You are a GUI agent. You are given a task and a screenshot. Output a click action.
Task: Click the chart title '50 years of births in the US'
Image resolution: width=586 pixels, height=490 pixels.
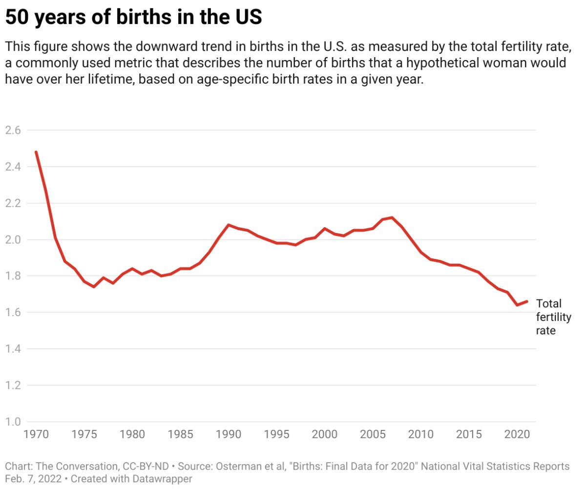click(x=133, y=18)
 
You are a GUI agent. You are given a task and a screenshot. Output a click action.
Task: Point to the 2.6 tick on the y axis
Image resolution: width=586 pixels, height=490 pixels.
click(x=14, y=130)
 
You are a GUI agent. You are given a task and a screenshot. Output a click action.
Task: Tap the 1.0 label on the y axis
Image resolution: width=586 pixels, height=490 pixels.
click(x=14, y=422)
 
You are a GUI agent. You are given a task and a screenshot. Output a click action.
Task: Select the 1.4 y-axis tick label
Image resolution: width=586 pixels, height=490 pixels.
click(x=14, y=349)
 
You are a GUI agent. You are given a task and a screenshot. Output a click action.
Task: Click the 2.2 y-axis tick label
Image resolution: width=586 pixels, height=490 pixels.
click(x=14, y=203)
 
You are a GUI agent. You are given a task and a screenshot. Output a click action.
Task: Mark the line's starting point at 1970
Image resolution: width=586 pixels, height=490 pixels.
click(x=36, y=152)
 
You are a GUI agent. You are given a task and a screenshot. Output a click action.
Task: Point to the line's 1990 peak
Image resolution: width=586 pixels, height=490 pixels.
click(x=228, y=225)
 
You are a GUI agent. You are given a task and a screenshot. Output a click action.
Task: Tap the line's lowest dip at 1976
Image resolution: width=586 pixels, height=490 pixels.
click(x=94, y=287)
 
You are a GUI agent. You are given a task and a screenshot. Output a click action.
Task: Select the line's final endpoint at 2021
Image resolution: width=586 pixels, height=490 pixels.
click(x=526, y=301)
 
